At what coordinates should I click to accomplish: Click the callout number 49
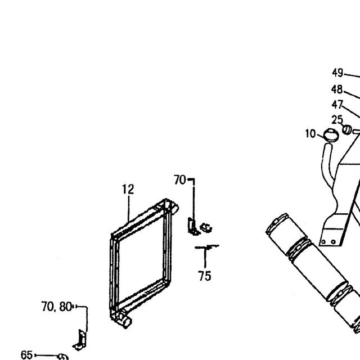(x=337, y=73)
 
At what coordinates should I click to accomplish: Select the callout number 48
(x=337, y=89)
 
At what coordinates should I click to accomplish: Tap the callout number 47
(x=337, y=105)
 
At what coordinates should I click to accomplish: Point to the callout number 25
(x=337, y=120)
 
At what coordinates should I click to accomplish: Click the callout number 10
(x=310, y=134)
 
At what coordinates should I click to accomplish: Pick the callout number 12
(x=128, y=190)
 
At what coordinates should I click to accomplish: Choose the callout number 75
(x=205, y=276)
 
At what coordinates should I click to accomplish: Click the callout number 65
(x=26, y=355)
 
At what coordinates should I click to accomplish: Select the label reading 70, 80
(x=56, y=307)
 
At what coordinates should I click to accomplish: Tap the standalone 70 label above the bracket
(x=179, y=180)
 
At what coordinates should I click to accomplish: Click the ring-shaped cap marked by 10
(x=331, y=134)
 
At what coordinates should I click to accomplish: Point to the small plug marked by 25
(x=346, y=129)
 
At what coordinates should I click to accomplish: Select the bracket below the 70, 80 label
(x=80, y=340)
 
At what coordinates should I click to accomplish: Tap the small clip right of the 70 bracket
(x=206, y=227)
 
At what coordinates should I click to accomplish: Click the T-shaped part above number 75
(x=206, y=247)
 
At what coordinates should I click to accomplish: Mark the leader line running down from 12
(x=129, y=209)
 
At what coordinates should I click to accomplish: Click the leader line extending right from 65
(x=47, y=355)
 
